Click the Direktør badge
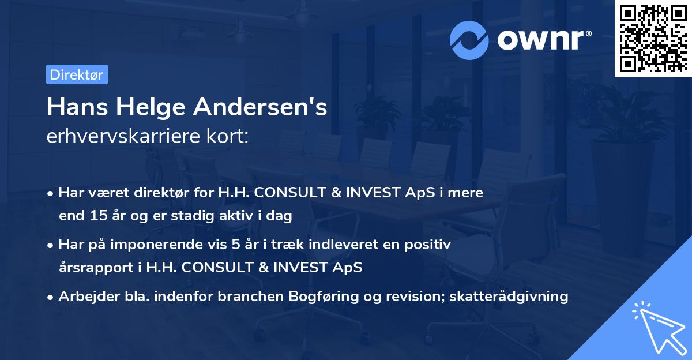coord(77,74)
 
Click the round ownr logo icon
coord(469,40)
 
